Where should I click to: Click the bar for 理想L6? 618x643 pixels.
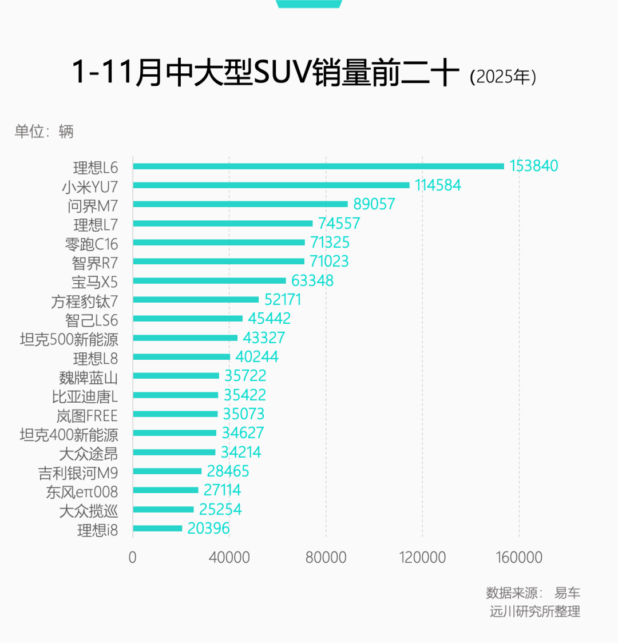pos(318,166)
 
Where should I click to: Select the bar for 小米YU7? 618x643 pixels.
pos(271,185)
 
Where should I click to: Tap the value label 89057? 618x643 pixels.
pos(374,204)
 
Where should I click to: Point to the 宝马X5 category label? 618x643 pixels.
pos(94,282)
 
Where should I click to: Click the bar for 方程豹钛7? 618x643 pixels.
pos(196,300)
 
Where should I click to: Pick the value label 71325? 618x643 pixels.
pos(330,243)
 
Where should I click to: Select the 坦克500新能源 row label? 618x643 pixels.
pos(69,339)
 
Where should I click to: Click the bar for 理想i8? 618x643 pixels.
pos(157,529)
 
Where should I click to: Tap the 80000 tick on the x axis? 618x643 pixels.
pos(326,557)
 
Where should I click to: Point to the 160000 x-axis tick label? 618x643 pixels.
pos(519,557)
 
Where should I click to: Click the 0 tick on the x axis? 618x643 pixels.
pos(133,557)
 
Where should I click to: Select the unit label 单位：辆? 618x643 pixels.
pos(44,132)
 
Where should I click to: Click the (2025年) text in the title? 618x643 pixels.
pos(503,77)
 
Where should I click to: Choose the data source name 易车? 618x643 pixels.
pos(567,593)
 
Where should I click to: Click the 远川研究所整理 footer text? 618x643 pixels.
pos(534,611)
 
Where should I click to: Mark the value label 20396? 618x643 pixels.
pos(208,529)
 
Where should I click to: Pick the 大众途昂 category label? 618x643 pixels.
pos(89,454)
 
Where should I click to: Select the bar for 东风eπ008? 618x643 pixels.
pos(165,490)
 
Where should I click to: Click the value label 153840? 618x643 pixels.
pos(533,166)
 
